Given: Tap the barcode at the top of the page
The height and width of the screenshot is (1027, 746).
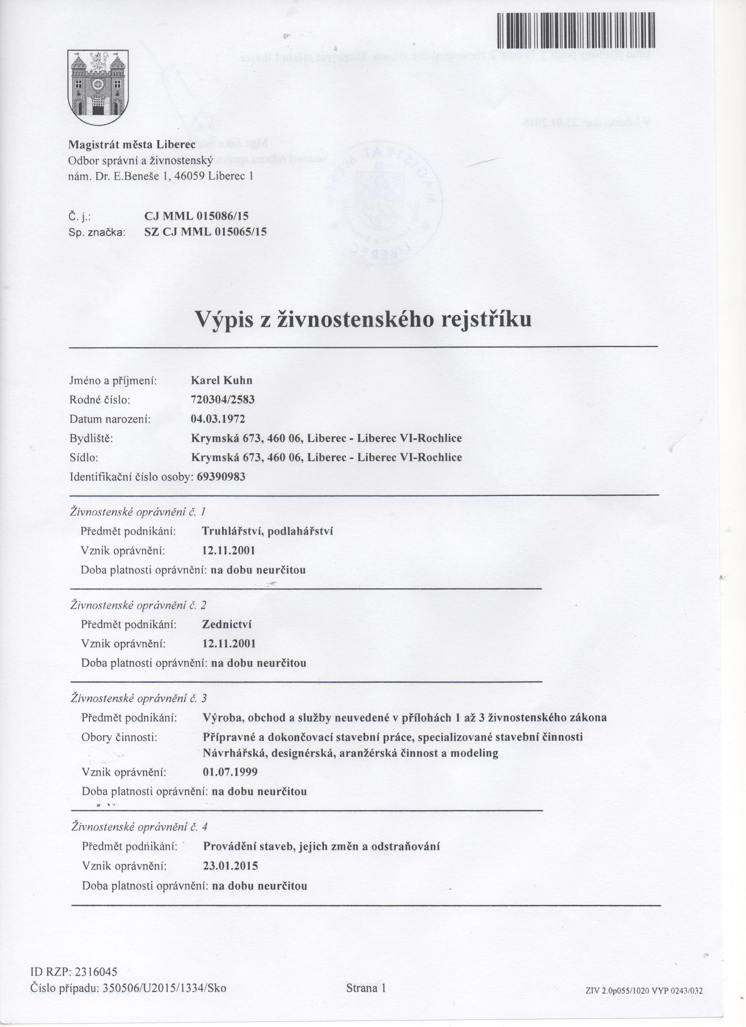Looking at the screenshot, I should click(x=576, y=30).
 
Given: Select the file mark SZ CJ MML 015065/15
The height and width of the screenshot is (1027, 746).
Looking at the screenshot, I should click(x=205, y=232).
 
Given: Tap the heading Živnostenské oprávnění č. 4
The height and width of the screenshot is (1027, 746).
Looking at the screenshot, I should click(x=140, y=827).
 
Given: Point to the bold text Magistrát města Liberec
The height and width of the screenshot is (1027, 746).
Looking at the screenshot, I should click(x=131, y=145).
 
